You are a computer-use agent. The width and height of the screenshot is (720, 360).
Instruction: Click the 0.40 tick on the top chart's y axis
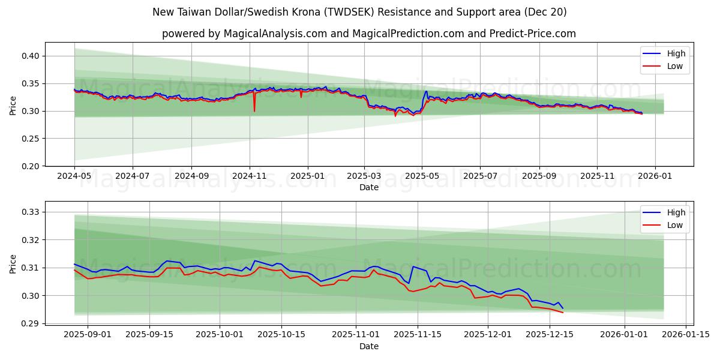pos(31,56)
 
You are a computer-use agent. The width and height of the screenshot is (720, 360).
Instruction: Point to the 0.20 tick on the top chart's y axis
pos(31,166)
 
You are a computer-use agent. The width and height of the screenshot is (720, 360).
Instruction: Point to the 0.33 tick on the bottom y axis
pos(31,212)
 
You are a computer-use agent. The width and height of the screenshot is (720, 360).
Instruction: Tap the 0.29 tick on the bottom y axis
pos(31,323)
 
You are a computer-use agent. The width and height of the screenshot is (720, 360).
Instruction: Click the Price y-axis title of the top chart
pos(13,106)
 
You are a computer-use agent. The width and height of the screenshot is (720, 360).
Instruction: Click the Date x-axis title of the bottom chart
pos(368,346)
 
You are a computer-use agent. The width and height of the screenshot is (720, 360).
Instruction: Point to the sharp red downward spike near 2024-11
pos(254,110)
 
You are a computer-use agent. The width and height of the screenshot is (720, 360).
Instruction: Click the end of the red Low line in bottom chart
pos(562,312)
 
